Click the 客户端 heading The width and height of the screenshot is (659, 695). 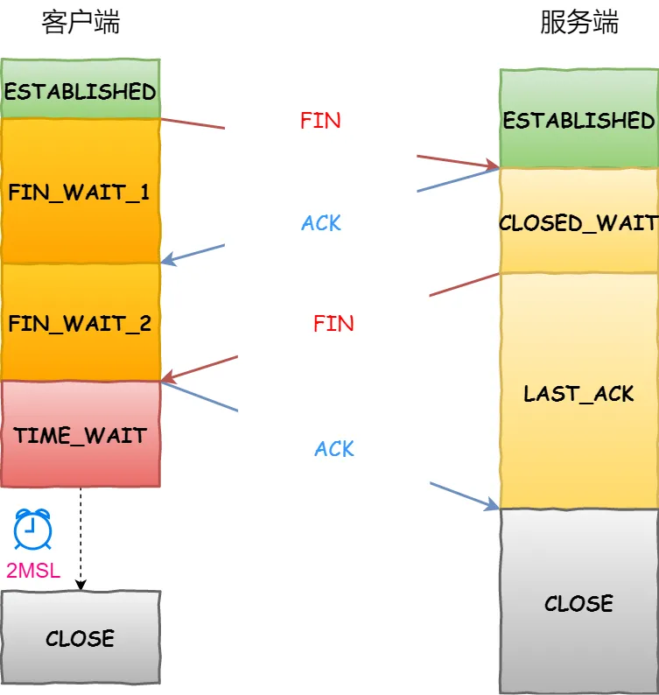(x=81, y=24)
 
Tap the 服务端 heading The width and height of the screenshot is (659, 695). (x=578, y=24)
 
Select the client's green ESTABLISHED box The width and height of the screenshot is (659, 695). (x=81, y=90)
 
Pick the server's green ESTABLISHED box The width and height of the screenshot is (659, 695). (x=578, y=119)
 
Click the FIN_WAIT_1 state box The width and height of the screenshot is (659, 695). (x=81, y=192)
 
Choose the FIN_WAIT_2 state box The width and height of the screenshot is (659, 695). (x=81, y=323)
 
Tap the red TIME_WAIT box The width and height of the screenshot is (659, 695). (x=81, y=434)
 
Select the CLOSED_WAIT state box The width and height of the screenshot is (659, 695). (x=578, y=222)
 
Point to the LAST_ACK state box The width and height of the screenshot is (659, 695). (x=578, y=392)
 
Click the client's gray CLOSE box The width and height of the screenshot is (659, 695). (x=81, y=637)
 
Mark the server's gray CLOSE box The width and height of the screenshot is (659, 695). (x=578, y=602)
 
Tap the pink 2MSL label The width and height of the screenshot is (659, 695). (x=33, y=572)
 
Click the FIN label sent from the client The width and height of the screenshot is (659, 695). (x=320, y=121)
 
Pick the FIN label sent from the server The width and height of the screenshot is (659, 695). (x=333, y=323)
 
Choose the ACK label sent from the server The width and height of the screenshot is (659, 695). (x=321, y=223)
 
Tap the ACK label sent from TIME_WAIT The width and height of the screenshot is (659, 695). (x=334, y=449)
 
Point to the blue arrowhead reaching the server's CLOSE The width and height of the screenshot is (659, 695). (x=492, y=505)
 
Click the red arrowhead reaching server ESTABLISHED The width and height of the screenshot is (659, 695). (x=492, y=165)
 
